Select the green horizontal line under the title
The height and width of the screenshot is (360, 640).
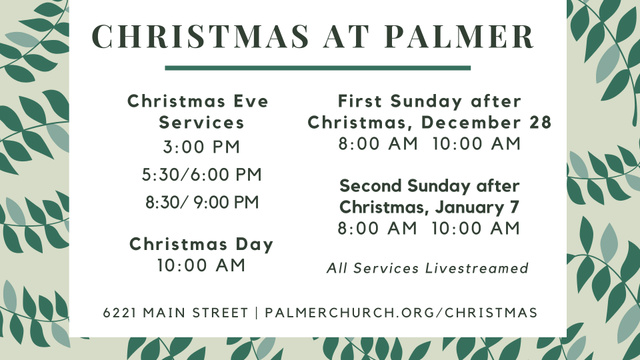click(317, 67)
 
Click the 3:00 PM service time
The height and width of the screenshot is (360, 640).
click(201, 147)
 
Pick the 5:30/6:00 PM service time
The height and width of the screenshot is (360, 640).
click(201, 175)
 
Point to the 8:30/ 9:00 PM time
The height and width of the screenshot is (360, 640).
click(202, 203)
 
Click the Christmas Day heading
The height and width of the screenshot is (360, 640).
click(201, 244)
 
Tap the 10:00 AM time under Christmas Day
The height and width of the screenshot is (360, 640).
click(201, 265)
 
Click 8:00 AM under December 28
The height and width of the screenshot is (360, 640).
click(378, 143)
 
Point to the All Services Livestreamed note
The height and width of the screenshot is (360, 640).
click(427, 268)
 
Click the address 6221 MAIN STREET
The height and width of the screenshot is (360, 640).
click(175, 313)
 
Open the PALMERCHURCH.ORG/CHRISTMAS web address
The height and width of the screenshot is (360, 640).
click(401, 313)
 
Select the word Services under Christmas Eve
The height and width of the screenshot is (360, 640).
click(201, 123)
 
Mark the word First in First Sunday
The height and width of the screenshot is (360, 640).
click(361, 101)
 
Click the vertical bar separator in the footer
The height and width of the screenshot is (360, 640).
click(257, 313)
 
